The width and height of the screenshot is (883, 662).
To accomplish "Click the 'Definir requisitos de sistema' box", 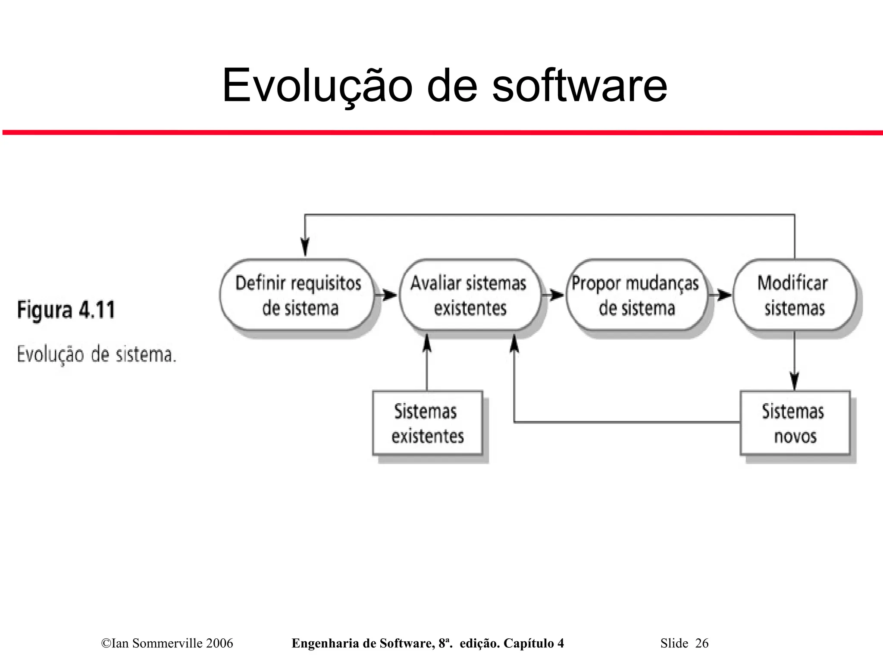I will point(297,295).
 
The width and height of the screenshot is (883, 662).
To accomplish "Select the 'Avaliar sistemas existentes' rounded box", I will point(470,295).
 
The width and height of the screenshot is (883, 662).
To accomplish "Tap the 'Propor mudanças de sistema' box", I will point(636,295).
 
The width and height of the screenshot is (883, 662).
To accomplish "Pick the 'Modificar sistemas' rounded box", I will point(794,295).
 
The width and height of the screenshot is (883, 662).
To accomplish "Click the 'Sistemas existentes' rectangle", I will point(427,423).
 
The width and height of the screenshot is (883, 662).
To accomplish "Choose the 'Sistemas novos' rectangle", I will point(795,423).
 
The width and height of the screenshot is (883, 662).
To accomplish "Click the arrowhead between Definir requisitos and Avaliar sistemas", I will point(390,295).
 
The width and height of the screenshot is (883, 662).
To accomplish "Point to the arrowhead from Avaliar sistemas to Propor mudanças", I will point(557,295).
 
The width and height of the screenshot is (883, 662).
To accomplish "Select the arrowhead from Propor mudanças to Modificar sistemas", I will point(725,295).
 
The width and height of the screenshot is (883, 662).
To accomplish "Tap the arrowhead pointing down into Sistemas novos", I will point(795,381).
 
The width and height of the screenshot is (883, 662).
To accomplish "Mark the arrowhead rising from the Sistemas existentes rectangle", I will point(427,343).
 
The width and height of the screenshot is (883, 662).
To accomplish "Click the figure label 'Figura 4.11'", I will point(66,310).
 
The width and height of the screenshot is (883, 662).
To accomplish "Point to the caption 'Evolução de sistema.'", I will point(97,354).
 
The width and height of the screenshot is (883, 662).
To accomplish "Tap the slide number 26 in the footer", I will point(701,643).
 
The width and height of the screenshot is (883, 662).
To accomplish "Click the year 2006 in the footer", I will point(219,643).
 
